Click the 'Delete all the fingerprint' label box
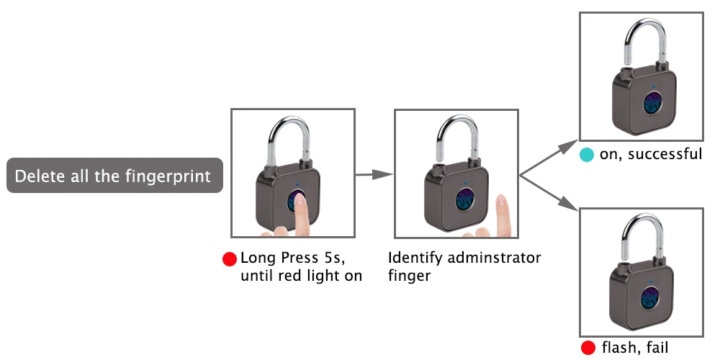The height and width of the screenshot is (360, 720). click(x=114, y=176)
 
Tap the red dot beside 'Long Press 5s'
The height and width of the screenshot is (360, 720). click(x=230, y=259)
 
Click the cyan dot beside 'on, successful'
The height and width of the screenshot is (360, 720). click(x=587, y=154)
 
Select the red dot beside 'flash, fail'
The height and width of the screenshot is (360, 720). click(x=588, y=349)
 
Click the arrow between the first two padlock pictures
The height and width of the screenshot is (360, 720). click(x=374, y=174)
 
